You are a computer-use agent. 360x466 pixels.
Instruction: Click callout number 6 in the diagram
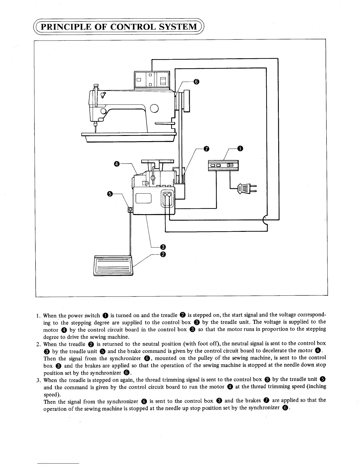click(x=196, y=82)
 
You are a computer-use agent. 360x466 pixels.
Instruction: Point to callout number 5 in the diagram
click(x=110, y=194)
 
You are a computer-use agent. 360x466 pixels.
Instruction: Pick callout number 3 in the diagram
click(x=162, y=247)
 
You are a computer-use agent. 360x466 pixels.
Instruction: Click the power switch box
click(x=223, y=165)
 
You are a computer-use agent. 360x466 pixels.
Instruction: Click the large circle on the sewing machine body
click(x=154, y=109)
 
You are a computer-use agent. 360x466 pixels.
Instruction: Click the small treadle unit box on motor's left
click(x=130, y=209)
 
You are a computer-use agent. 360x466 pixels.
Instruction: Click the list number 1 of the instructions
click(x=38, y=316)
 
